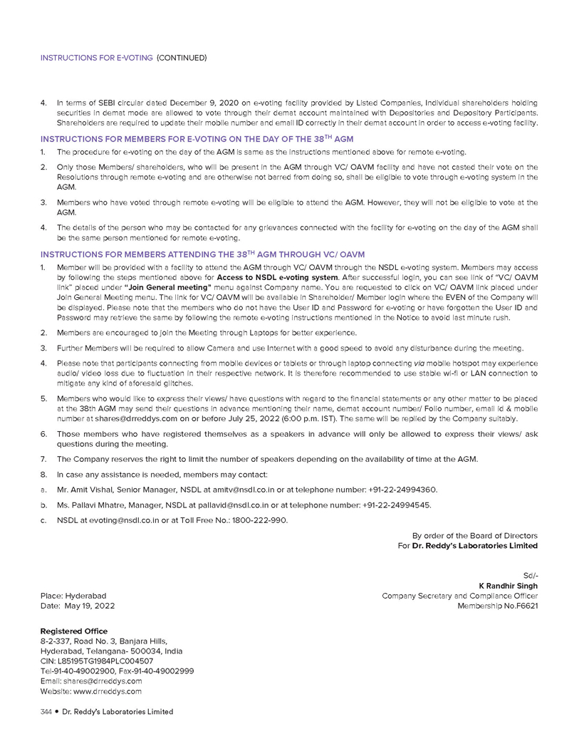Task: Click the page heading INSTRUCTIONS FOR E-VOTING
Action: pyautogui.click(x=96, y=58)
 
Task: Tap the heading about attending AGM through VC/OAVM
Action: pyautogui.click(x=202, y=254)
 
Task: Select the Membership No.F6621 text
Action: pyautogui.click(x=497, y=606)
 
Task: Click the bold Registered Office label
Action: pyautogui.click(x=74, y=631)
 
